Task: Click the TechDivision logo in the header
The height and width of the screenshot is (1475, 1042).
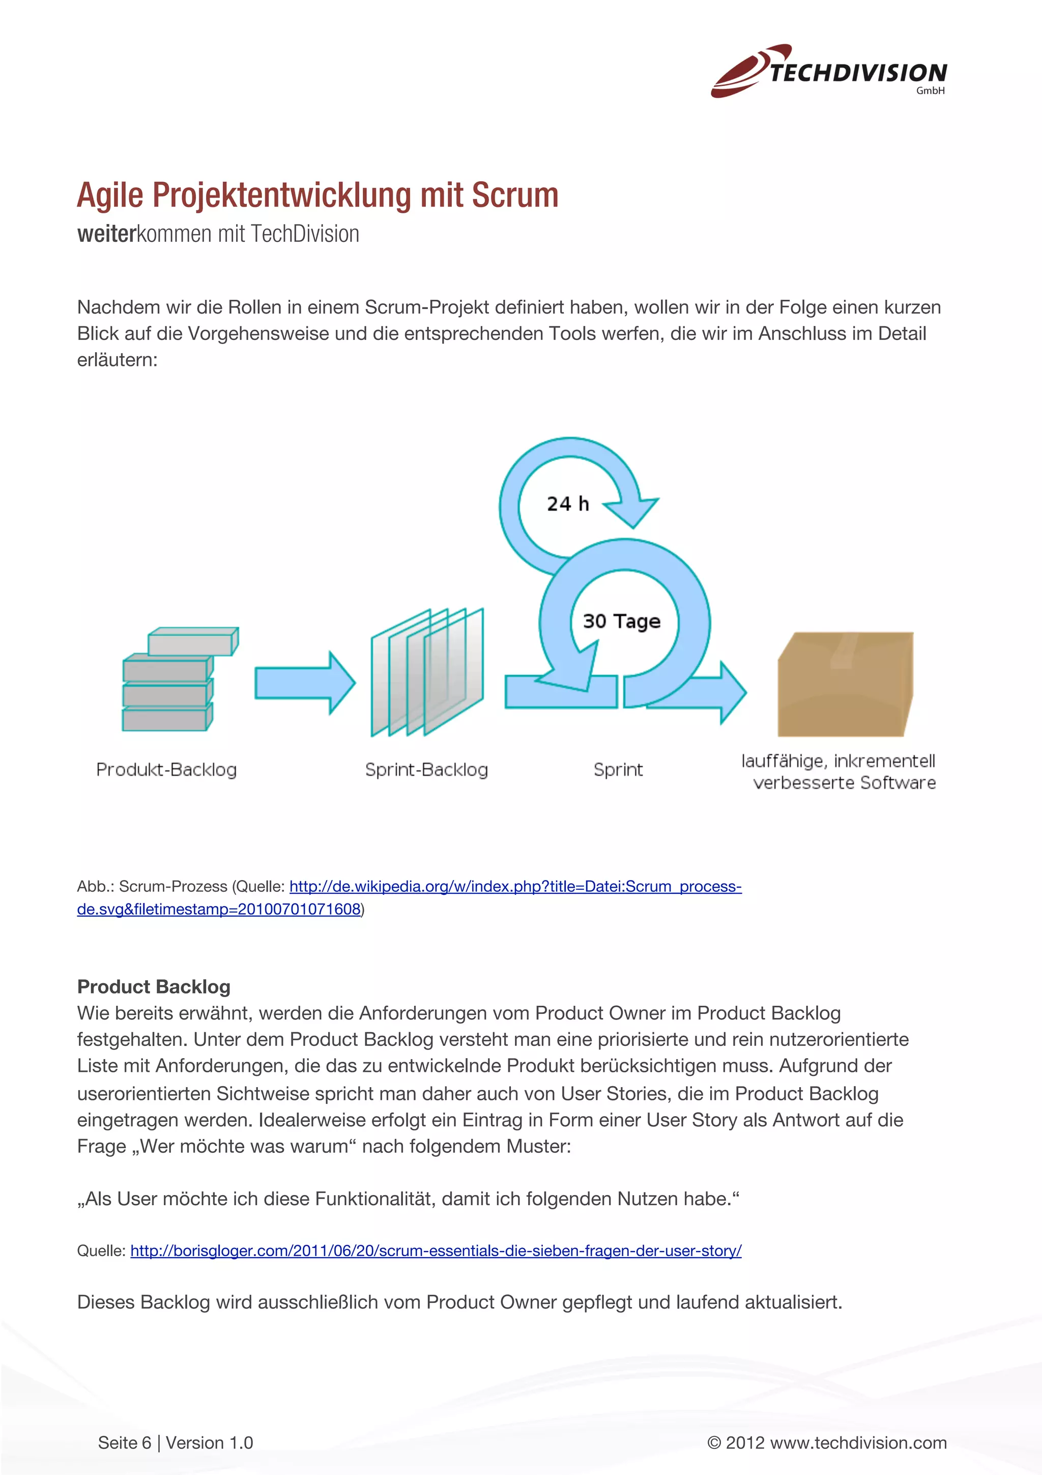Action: pyautogui.click(x=828, y=71)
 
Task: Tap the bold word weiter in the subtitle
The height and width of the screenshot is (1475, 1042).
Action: pyautogui.click(x=106, y=234)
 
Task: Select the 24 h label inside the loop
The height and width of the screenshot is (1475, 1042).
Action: pyautogui.click(x=567, y=504)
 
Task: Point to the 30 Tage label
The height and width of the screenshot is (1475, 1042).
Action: pyautogui.click(x=621, y=621)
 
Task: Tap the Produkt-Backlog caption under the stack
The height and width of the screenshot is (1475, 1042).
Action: pyautogui.click(x=166, y=770)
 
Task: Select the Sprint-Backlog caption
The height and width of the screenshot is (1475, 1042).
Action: pyautogui.click(x=426, y=770)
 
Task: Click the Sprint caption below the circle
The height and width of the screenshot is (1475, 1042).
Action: pyautogui.click(x=618, y=770)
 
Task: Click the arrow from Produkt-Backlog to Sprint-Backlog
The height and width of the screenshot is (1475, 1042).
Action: pyautogui.click(x=304, y=682)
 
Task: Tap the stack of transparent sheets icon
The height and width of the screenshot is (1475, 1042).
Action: pyautogui.click(x=426, y=671)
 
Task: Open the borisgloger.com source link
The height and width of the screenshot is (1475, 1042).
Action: pyautogui.click(x=436, y=1251)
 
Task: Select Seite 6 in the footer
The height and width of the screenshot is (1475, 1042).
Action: pyautogui.click(x=124, y=1443)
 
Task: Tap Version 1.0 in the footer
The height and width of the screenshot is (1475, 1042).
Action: pyautogui.click(x=209, y=1443)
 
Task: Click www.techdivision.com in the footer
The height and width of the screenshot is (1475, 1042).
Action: pyautogui.click(x=858, y=1443)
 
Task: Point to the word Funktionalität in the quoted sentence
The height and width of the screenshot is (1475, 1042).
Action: pyautogui.click(x=373, y=1199)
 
